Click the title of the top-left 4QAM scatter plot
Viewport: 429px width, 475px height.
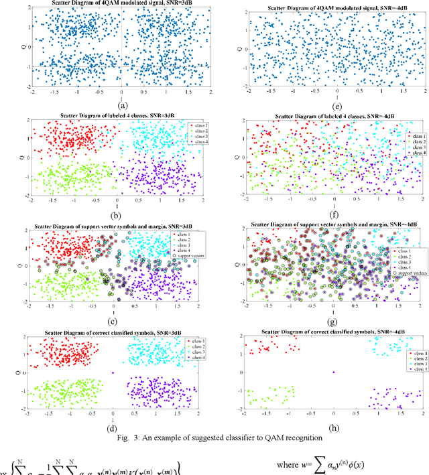click(121, 5)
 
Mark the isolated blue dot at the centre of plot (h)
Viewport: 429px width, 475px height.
click(334, 372)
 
